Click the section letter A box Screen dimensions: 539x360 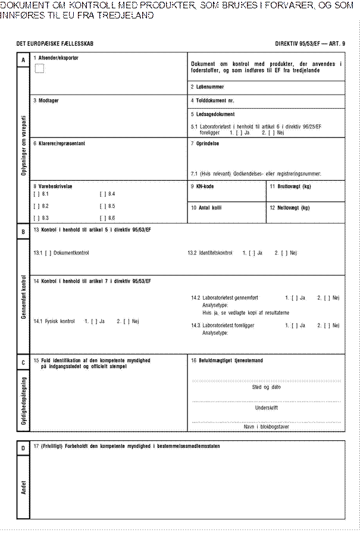(x=23, y=59)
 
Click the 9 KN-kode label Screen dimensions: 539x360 (x=202, y=186)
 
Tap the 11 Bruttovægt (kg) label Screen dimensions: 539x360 (x=290, y=186)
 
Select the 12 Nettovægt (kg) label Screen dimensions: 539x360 (x=290, y=208)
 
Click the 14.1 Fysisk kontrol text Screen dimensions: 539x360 (x=55, y=321)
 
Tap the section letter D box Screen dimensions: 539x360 (x=23, y=447)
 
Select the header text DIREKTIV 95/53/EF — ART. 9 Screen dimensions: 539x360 (x=309, y=45)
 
